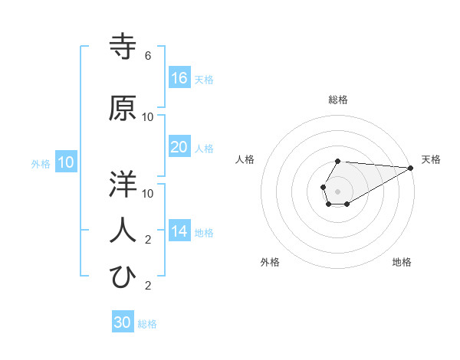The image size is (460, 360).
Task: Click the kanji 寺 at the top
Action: pos(123,46)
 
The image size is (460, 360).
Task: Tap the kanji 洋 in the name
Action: pos(123,184)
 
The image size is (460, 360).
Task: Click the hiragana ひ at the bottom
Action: pos(123,277)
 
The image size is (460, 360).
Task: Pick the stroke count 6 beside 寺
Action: pos(148,56)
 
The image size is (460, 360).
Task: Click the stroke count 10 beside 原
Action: pos(148,117)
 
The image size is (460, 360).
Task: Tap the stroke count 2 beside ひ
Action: pos(148,286)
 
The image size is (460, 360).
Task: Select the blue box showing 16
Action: pos(179,78)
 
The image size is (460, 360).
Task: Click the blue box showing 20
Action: pos(179,147)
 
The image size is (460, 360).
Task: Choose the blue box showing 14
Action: pos(179,231)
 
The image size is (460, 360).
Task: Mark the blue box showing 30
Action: pos(123,322)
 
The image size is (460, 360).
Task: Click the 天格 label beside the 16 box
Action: pos(204,80)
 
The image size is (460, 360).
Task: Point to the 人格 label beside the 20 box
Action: pos(204,149)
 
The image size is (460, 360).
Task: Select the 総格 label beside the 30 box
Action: pos(147,324)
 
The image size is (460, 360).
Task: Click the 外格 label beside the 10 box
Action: pos(41,164)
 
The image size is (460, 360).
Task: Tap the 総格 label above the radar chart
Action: pos(338,100)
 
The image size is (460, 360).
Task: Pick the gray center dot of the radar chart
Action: pos(337,190)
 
